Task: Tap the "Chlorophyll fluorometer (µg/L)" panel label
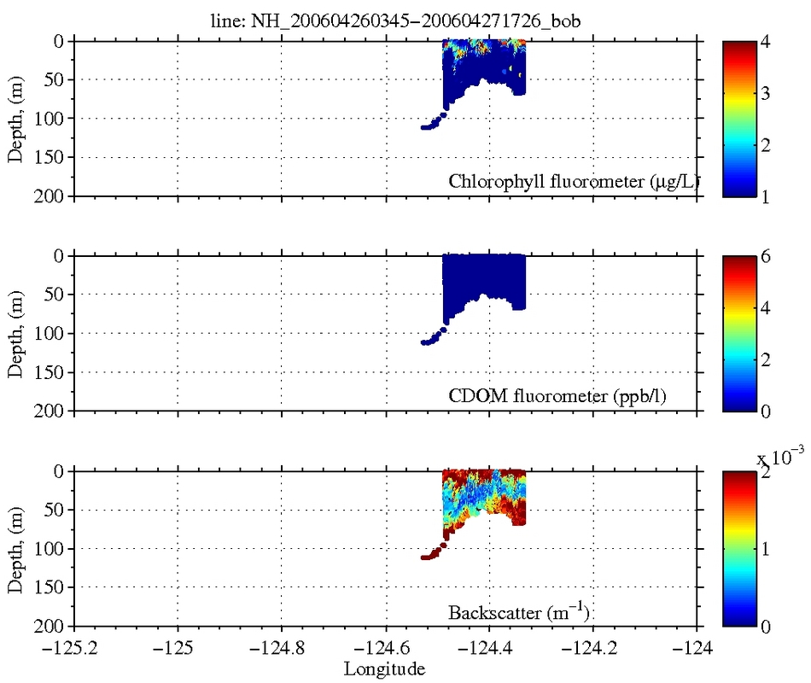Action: pos(573,181)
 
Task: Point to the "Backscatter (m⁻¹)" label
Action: pos(520,612)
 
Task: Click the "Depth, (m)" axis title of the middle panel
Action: pos(16,333)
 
